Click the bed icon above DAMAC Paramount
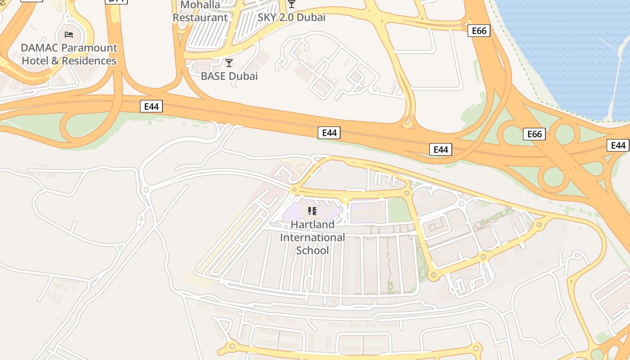69,35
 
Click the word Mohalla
200,5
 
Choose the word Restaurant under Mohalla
200,18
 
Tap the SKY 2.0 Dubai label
291,18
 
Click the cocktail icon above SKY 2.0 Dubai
292,4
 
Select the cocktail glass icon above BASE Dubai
229,63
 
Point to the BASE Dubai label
229,76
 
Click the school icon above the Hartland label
312,211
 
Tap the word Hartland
312,224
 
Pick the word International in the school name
312,237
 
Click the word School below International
312,250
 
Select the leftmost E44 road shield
151,107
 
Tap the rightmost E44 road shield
618,145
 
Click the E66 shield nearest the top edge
478,31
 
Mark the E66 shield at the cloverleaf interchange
534,134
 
